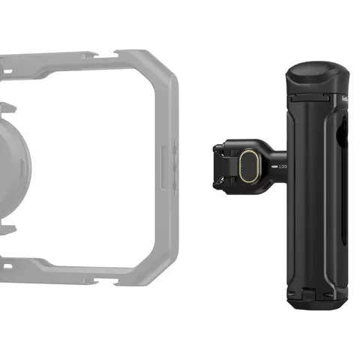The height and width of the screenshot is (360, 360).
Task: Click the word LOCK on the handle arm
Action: point(283,166)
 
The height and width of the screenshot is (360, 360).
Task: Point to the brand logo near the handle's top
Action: point(344,98)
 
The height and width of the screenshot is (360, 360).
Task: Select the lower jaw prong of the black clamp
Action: point(223,179)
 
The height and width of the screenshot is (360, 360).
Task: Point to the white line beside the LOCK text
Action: point(274,166)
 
